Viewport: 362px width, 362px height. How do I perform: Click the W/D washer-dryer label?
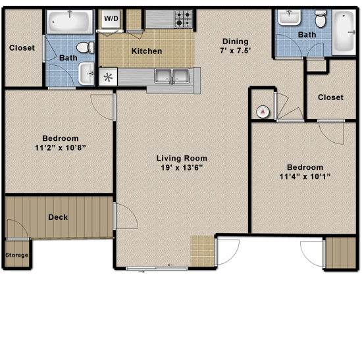(x=111, y=18)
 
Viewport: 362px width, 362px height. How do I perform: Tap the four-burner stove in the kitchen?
(x=184, y=19)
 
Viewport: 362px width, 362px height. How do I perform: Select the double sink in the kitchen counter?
(x=172, y=76)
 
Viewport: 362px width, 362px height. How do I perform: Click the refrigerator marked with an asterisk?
(x=109, y=77)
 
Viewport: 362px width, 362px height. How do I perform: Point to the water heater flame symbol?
(x=263, y=112)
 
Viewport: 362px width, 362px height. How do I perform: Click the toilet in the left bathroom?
(x=85, y=47)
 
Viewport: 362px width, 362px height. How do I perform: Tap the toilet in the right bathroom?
(x=321, y=18)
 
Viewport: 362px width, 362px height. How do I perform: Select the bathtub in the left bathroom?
(x=70, y=22)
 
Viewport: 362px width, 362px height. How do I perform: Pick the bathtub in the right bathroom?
(x=344, y=32)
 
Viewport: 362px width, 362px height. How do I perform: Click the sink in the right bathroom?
(x=289, y=17)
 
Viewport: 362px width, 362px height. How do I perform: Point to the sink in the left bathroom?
(x=87, y=74)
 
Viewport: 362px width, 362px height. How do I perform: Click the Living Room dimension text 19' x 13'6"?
(x=182, y=168)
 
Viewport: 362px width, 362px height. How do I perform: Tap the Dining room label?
(x=235, y=41)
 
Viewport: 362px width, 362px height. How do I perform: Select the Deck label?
(x=58, y=217)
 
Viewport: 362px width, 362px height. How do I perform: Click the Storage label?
(x=16, y=255)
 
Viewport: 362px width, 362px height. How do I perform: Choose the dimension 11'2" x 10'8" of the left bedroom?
(x=61, y=147)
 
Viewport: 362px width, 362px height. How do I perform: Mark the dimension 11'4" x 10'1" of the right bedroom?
(x=305, y=176)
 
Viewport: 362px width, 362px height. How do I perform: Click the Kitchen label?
(x=147, y=51)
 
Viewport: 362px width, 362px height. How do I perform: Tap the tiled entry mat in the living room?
(x=202, y=251)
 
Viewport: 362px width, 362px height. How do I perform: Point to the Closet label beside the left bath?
(x=22, y=48)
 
